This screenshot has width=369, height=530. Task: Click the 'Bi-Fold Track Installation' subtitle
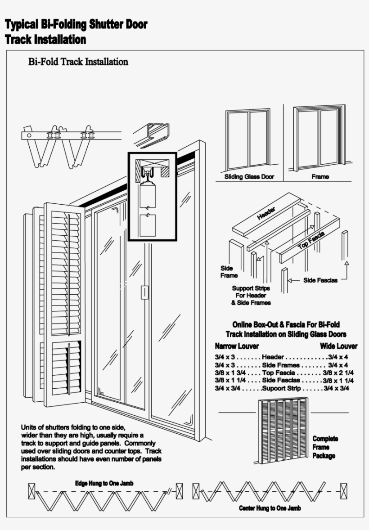[x=78, y=62]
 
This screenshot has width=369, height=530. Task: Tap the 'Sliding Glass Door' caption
[x=249, y=177]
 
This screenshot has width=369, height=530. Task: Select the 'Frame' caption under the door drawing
[x=320, y=177]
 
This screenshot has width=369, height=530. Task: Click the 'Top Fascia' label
[x=311, y=243]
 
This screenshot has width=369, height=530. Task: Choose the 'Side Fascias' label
[x=320, y=280]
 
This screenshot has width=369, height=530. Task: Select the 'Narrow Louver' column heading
[x=236, y=346]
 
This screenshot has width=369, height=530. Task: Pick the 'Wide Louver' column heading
[x=338, y=346]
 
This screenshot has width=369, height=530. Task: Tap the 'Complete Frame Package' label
[x=325, y=447]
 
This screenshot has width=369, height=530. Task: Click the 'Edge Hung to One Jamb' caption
[x=104, y=483]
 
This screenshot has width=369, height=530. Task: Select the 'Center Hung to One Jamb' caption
[x=270, y=508]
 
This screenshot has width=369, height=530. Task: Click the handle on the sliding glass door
[x=144, y=292]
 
